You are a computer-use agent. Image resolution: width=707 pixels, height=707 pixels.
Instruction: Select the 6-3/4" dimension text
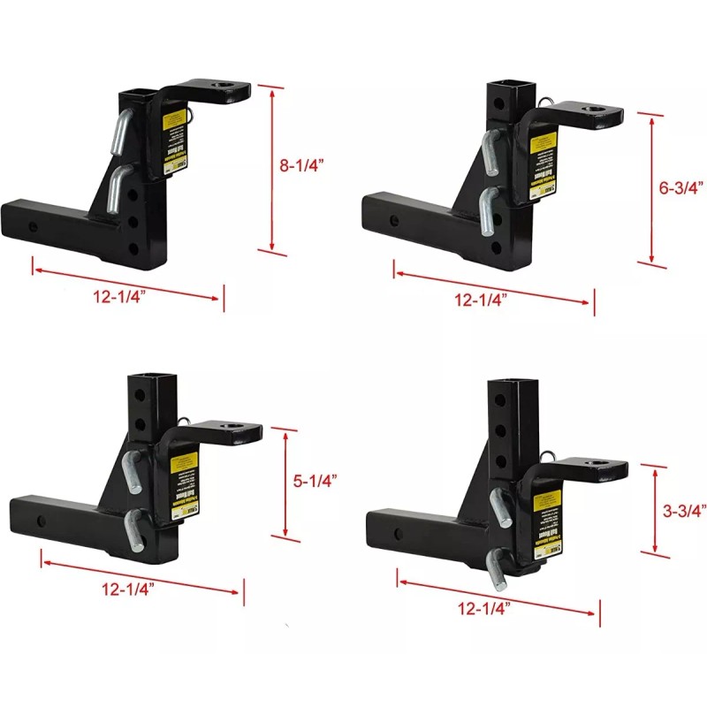point(683,187)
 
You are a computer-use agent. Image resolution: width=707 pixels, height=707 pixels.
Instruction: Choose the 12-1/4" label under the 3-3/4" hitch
point(483,608)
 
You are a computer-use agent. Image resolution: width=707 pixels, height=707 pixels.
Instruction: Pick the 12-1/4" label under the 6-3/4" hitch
point(481,300)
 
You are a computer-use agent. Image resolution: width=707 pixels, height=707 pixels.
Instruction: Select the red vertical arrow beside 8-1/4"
point(273,168)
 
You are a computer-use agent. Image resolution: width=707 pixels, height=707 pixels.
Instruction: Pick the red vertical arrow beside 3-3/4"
point(655,510)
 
